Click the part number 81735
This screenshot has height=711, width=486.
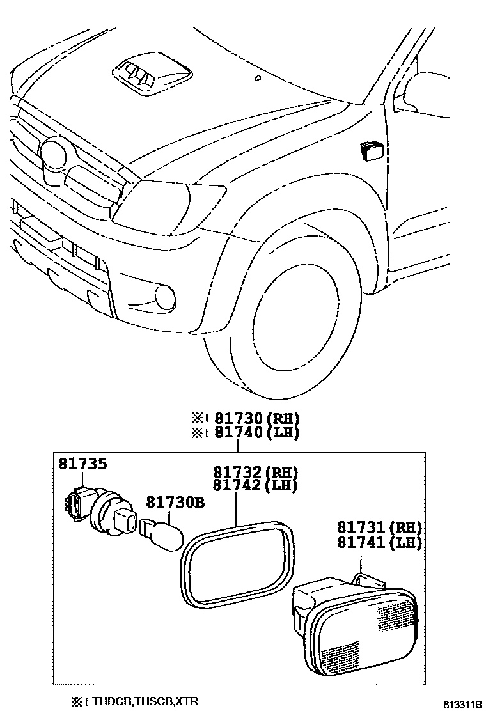pyautogui.click(x=83, y=464)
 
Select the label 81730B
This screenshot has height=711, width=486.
pyautogui.click(x=175, y=503)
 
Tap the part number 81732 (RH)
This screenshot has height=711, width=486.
pyautogui.click(x=255, y=473)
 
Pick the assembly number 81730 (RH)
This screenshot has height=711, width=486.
pyautogui.click(x=256, y=419)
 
